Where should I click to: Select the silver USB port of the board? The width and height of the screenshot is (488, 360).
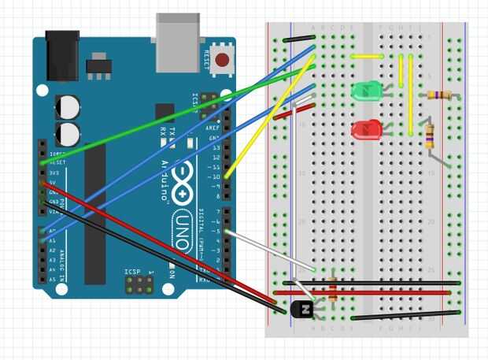[178, 41]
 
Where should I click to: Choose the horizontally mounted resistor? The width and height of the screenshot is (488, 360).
[438, 95]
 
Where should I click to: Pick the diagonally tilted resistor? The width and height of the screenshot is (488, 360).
[429, 136]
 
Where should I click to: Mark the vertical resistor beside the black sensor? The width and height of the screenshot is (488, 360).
[335, 289]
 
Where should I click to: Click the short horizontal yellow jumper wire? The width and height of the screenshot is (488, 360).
[368, 57]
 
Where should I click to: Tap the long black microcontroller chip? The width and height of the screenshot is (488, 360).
[94, 213]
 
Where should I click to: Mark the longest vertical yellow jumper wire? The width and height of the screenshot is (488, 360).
[410, 95]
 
